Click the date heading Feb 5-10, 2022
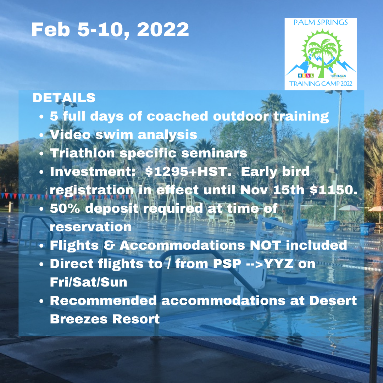coord(110,30)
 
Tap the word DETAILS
coord(64,98)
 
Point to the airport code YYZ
coord(279,263)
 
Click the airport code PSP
coord(227,263)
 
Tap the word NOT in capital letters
coord(265,245)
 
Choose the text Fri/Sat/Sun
coord(88,282)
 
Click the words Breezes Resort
coord(105,319)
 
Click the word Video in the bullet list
coord(70,135)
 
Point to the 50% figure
coord(65,209)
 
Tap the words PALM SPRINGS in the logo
coord(321,22)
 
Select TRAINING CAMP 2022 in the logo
coord(321,84)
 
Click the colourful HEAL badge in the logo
coord(306,76)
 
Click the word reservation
coord(91,227)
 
